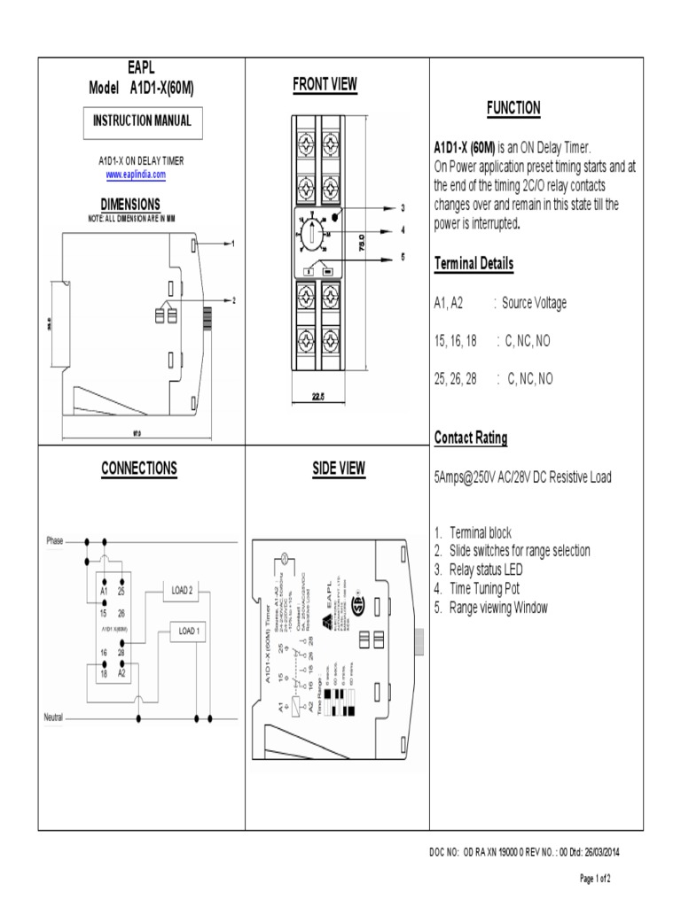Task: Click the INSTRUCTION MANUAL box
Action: point(142,121)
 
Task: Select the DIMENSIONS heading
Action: point(130,204)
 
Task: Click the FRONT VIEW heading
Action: point(325,85)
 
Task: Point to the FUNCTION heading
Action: point(513,108)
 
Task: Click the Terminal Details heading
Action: point(474,263)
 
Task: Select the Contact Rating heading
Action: point(471,438)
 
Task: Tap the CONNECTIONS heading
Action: point(139,469)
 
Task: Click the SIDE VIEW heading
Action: point(338,469)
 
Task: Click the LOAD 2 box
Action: point(182,590)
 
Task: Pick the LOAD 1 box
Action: point(190,631)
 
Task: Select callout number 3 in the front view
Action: point(402,208)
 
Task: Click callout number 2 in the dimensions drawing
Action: point(234,301)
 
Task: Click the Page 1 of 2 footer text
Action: point(595,879)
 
